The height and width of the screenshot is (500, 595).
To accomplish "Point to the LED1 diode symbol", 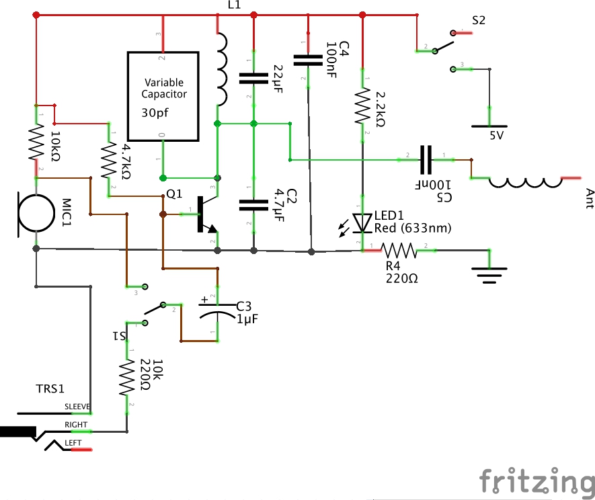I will point(363,222).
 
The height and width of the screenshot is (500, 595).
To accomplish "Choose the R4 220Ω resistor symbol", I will point(399,251).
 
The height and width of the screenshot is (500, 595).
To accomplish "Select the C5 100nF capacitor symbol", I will point(427,159).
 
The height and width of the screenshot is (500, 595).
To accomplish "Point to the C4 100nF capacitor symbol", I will point(309,60).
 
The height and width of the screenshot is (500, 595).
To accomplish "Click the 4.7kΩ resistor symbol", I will point(108,160).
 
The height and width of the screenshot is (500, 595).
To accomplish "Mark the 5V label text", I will point(496,135).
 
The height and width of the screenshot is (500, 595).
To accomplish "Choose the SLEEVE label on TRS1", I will point(77,407).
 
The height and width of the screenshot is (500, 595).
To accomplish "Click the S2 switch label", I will point(479,20).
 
